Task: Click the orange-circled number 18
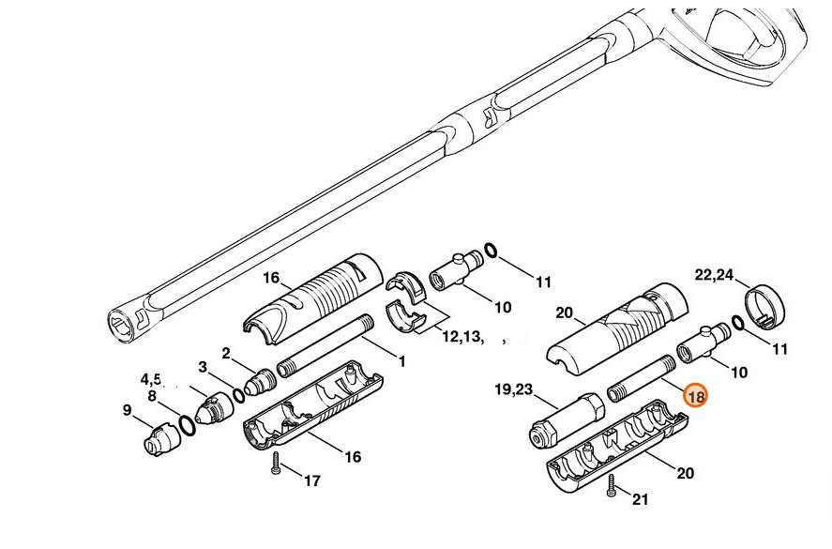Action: tap(695, 396)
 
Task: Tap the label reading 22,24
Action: tap(714, 275)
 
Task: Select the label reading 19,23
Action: tap(513, 389)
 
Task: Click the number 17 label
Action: tap(312, 480)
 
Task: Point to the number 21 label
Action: tap(640, 499)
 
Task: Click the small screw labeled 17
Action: tap(275, 464)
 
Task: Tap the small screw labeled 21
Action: tap(611, 485)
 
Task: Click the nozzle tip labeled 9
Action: tap(159, 439)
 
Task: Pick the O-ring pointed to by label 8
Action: tap(187, 425)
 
